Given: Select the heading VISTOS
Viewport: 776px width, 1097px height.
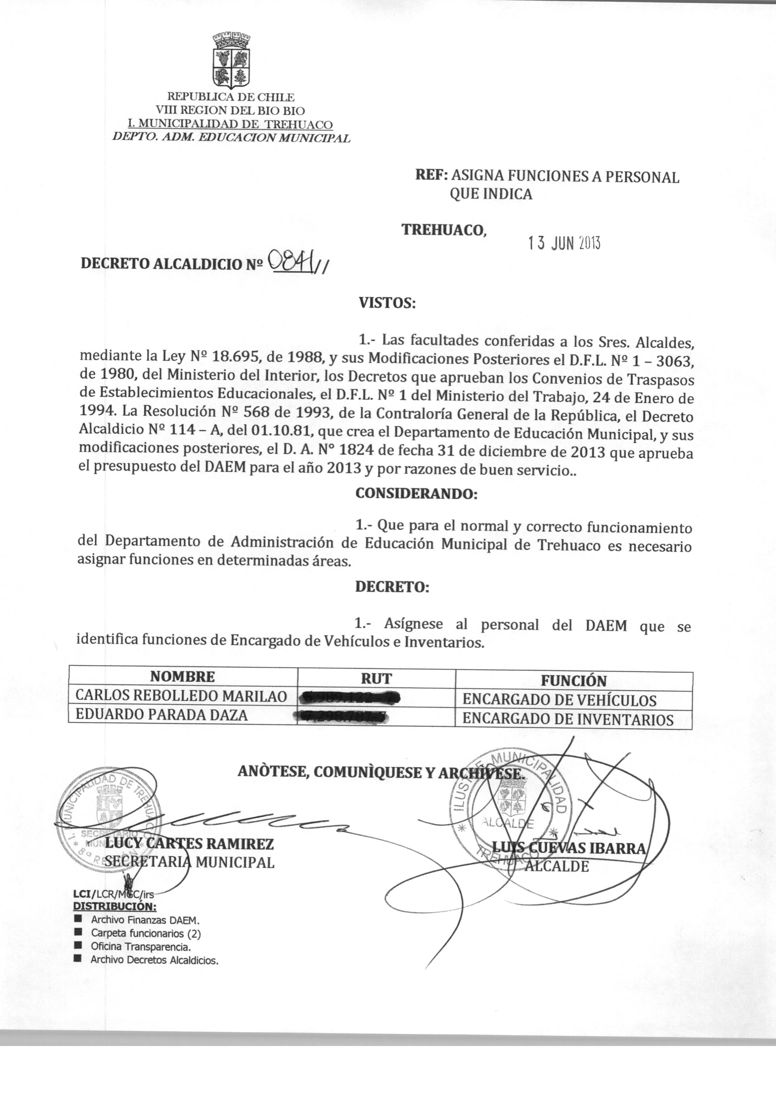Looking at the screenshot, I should [x=387, y=303].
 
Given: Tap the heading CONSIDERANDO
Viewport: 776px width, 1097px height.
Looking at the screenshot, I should [x=416, y=494].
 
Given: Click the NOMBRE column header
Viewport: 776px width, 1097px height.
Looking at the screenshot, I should [x=182, y=676].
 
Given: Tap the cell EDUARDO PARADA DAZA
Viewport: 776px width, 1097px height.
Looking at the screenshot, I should [x=162, y=715].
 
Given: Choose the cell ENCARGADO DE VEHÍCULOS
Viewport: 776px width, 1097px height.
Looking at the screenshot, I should [x=559, y=700].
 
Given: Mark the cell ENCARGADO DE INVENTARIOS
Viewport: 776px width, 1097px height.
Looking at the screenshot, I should [x=568, y=719].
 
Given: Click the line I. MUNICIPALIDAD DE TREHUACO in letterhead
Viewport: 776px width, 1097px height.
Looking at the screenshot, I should [x=222, y=125].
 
